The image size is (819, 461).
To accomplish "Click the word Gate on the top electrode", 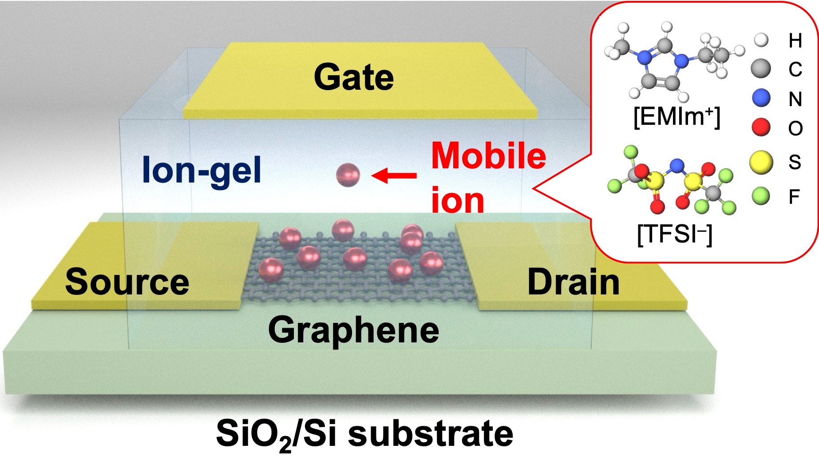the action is [x=354, y=77].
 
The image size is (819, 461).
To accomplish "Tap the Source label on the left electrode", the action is [x=127, y=282].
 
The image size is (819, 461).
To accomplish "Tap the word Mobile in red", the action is [x=488, y=156].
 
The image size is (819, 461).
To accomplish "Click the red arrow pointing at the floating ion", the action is [x=394, y=175].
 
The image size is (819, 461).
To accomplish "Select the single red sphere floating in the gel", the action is [x=348, y=175].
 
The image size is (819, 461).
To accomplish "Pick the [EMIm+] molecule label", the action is [x=677, y=117].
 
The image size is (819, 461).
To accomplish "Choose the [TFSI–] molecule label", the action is [x=674, y=234].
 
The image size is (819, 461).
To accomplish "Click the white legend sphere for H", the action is [x=761, y=40].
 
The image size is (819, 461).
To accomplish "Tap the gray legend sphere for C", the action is [x=761, y=68].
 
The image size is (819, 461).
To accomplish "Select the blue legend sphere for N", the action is [x=761, y=98].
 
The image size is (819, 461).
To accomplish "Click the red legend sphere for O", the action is [x=761, y=127].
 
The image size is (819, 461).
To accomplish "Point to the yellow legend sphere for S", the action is [x=761, y=162].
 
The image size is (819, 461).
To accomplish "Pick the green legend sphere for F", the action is [x=761, y=196].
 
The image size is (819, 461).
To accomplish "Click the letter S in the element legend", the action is [x=795, y=162].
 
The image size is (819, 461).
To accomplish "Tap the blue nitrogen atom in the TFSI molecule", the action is [x=677, y=166].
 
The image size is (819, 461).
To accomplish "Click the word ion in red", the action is [x=458, y=201].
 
